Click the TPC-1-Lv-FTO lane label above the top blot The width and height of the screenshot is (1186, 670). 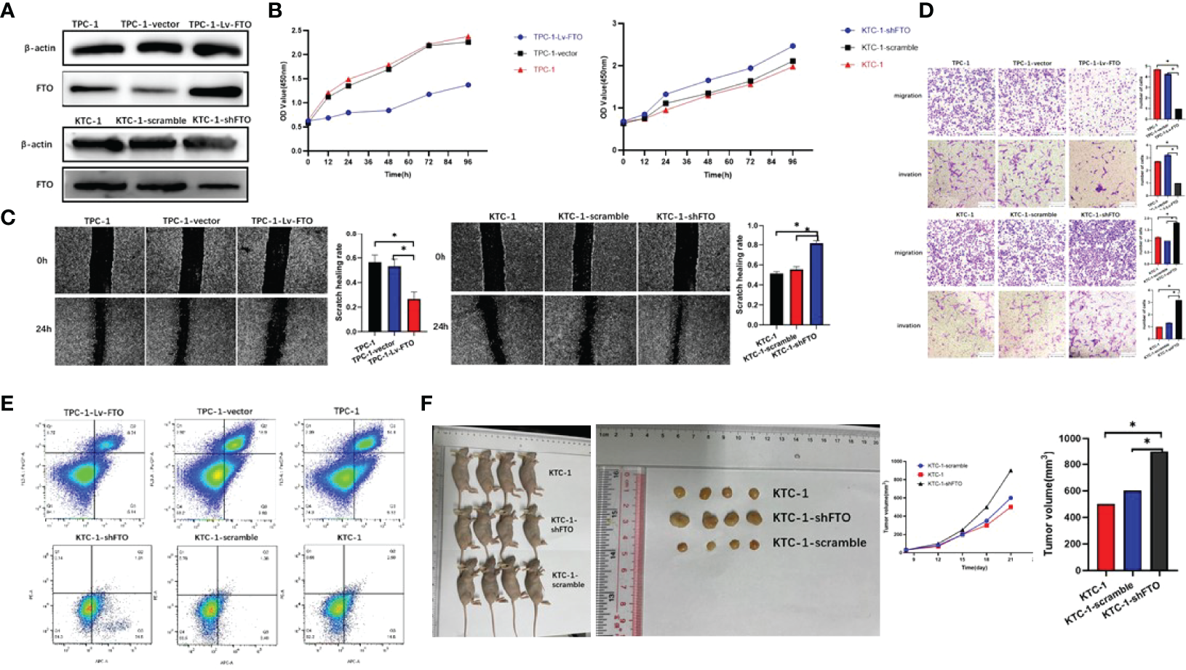coord(220,25)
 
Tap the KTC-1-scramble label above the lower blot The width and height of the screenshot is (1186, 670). coord(151,120)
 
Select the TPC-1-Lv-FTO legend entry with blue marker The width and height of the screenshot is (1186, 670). coord(557,37)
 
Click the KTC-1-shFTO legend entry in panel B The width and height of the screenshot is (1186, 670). coord(885,31)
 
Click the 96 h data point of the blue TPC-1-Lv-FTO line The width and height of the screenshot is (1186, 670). coord(468,85)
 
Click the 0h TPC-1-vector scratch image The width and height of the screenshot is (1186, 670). coord(191,260)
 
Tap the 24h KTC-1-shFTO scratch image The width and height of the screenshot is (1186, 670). coord(683,329)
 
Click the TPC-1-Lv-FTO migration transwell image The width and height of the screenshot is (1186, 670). coord(1103,101)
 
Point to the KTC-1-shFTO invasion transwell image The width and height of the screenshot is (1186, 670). coord(1103,324)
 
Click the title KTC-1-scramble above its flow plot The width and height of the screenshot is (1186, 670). coord(226,538)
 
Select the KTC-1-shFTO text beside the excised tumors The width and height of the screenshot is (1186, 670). coord(811,518)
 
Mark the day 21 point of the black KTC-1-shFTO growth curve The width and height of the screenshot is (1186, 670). coord(1011,471)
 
